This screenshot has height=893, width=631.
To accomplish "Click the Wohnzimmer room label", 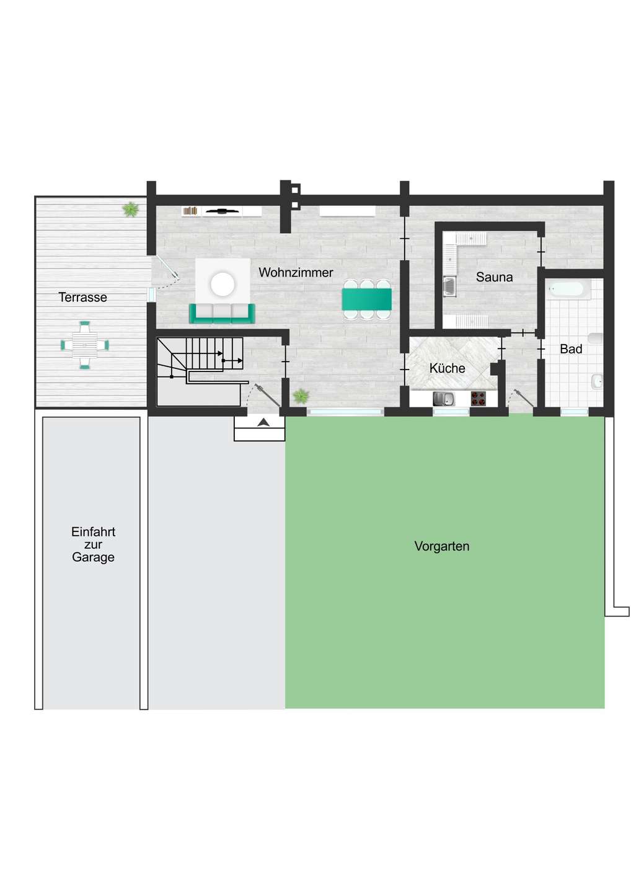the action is point(296,273).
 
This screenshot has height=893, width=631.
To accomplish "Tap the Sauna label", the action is point(494,277).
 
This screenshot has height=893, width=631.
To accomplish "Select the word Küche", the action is point(447,368).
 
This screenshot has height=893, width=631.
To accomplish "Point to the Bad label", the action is point(571,349).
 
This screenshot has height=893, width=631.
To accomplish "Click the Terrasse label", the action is point(83,297).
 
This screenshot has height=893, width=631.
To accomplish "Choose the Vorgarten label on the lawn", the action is point(442,546).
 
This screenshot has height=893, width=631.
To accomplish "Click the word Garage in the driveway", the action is point(93,558).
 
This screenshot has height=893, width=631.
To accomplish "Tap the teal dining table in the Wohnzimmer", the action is point(366,300).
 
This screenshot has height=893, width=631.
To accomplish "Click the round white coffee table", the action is point(223,284).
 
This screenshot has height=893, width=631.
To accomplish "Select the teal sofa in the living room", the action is point(222,313).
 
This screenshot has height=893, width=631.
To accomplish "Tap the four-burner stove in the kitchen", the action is point(479,399).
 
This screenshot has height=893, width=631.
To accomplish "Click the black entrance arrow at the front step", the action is point(263,422).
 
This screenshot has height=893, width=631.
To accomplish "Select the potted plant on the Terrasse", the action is point(131,210).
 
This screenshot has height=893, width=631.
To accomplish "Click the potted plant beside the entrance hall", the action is point(301,396).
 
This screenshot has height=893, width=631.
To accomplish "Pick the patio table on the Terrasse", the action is point(84,345).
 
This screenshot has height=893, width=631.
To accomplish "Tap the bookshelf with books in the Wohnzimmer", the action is point(190,211).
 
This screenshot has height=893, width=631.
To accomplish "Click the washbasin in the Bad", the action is point(598,382).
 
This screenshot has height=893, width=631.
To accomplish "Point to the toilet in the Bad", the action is point(596,339).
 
